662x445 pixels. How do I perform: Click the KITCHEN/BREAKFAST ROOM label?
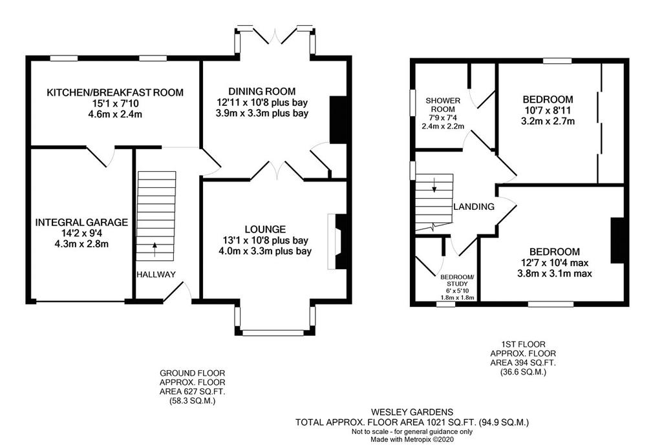tap(115, 92)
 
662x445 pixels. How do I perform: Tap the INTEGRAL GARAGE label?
tap(81, 222)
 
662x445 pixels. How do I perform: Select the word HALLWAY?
tap(156, 274)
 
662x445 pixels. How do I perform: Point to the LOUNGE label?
tap(265, 229)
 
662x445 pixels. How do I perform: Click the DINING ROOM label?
tap(262, 92)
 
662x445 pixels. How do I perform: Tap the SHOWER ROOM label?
tap(443, 105)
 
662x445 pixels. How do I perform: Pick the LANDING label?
tap(474, 207)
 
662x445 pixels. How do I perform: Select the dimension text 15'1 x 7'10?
tap(115, 103)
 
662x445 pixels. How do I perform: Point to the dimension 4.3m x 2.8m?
tap(81, 243)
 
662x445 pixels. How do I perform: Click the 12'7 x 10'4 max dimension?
tap(554, 263)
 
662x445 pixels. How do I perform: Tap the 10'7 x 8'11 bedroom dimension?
tap(548, 110)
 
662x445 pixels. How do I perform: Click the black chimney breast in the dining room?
tap(337, 119)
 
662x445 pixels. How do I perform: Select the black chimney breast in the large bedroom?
tap(617, 240)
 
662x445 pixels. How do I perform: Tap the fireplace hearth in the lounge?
tap(331, 242)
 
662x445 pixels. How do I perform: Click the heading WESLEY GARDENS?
tap(412, 412)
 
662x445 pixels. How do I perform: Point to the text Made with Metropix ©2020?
tap(412, 440)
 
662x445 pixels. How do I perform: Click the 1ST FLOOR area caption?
tap(523, 358)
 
